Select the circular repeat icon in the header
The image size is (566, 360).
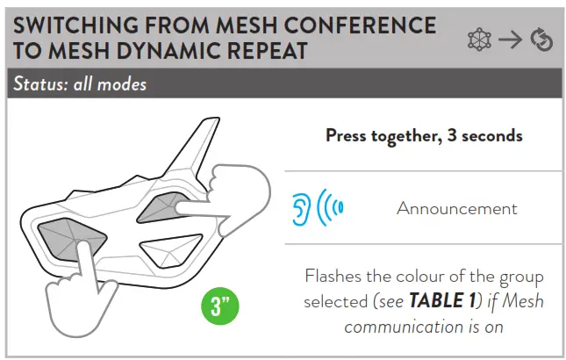pyautogui.click(x=541, y=40)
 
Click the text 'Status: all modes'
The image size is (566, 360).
pyautogui.click(x=79, y=84)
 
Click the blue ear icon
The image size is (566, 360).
pyautogui.click(x=301, y=208)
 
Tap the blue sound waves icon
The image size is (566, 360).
pyautogui.click(x=330, y=208)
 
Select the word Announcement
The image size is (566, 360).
pyautogui.click(x=456, y=208)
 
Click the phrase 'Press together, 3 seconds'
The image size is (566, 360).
pyautogui.click(x=424, y=135)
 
